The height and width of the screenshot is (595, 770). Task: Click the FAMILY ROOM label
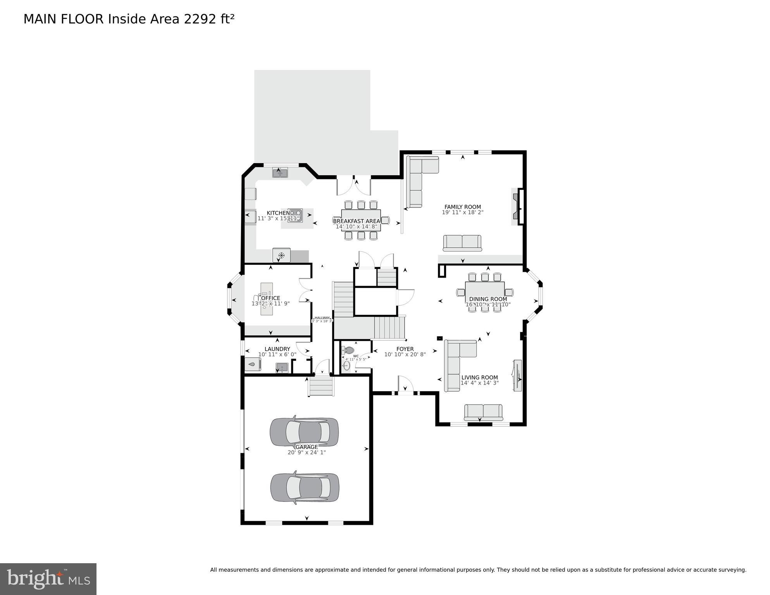pyautogui.click(x=462, y=207)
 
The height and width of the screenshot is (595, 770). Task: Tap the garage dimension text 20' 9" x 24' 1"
pyautogui.click(x=306, y=452)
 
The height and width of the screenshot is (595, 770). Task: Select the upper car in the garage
pyautogui.click(x=304, y=431)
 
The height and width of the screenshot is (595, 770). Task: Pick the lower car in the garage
pyautogui.click(x=305, y=487)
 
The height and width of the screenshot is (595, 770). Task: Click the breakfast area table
pyautogui.click(x=361, y=220)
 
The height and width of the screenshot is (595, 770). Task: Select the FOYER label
pyautogui.click(x=405, y=349)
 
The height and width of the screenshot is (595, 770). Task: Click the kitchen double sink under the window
pyautogui.click(x=280, y=173)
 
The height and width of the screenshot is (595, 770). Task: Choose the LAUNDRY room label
pyautogui.click(x=277, y=349)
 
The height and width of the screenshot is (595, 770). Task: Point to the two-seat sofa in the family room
pyautogui.click(x=462, y=243)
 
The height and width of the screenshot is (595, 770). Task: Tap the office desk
pyautogui.click(x=267, y=298)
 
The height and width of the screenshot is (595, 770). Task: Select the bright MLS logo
pyautogui.click(x=48, y=579)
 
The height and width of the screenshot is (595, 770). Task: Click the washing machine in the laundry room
pyautogui.click(x=253, y=364)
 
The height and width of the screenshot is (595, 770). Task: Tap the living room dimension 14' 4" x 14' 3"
pyautogui.click(x=479, y=383)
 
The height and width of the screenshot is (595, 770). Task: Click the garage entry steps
pyautogui.click(x=321, y=386)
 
